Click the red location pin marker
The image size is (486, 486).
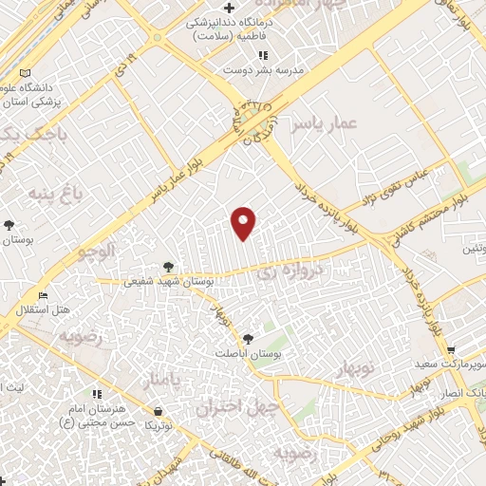tap(245, 223)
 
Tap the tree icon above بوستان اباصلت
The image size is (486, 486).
tap(248, 337)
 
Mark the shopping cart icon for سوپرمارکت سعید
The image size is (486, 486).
tap(451, 350)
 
